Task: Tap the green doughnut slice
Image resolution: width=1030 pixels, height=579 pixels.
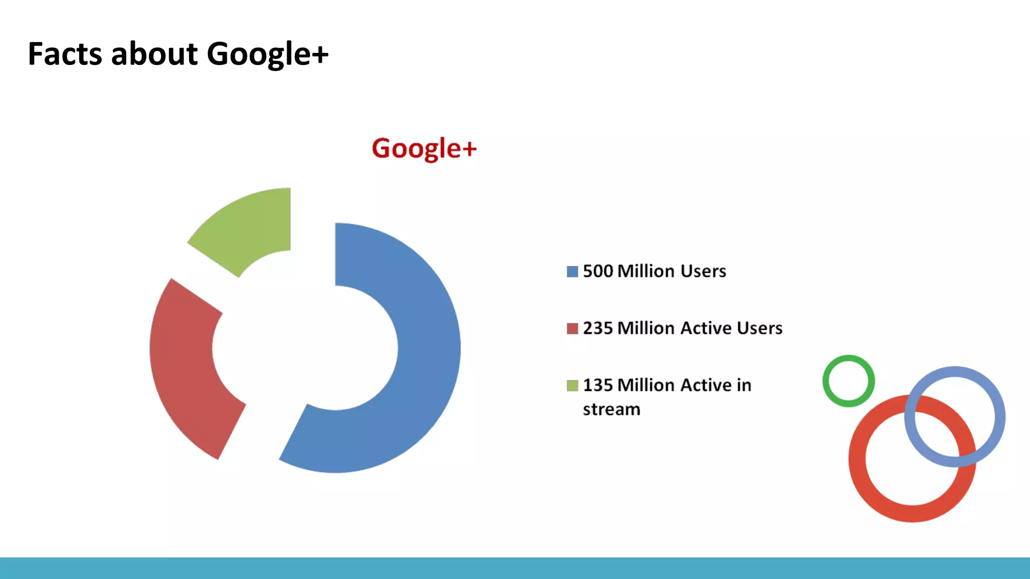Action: (x=251, y=226)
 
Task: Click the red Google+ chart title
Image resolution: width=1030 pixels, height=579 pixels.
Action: (x=424, y=149)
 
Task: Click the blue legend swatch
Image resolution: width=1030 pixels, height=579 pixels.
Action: (x=572, y=271)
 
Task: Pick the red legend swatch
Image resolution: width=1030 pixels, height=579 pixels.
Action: (x=572, y=329)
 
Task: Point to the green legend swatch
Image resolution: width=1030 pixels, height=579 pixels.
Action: (x=572, y=385)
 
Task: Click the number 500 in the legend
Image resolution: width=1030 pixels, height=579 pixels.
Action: (x=598, y=271)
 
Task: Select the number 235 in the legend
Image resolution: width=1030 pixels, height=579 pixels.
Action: (x=598, y=328)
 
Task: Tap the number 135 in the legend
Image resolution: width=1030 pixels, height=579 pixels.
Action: (x=598, y=385)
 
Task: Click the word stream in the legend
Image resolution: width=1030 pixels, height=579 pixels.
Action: (x=612, y=410)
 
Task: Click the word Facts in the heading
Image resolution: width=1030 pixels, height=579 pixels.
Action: (x=65, y=54)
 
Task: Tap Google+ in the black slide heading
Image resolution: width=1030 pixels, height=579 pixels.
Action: (x=268, y=54)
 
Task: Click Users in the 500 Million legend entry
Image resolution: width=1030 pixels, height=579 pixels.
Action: (x=703, y=271)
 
